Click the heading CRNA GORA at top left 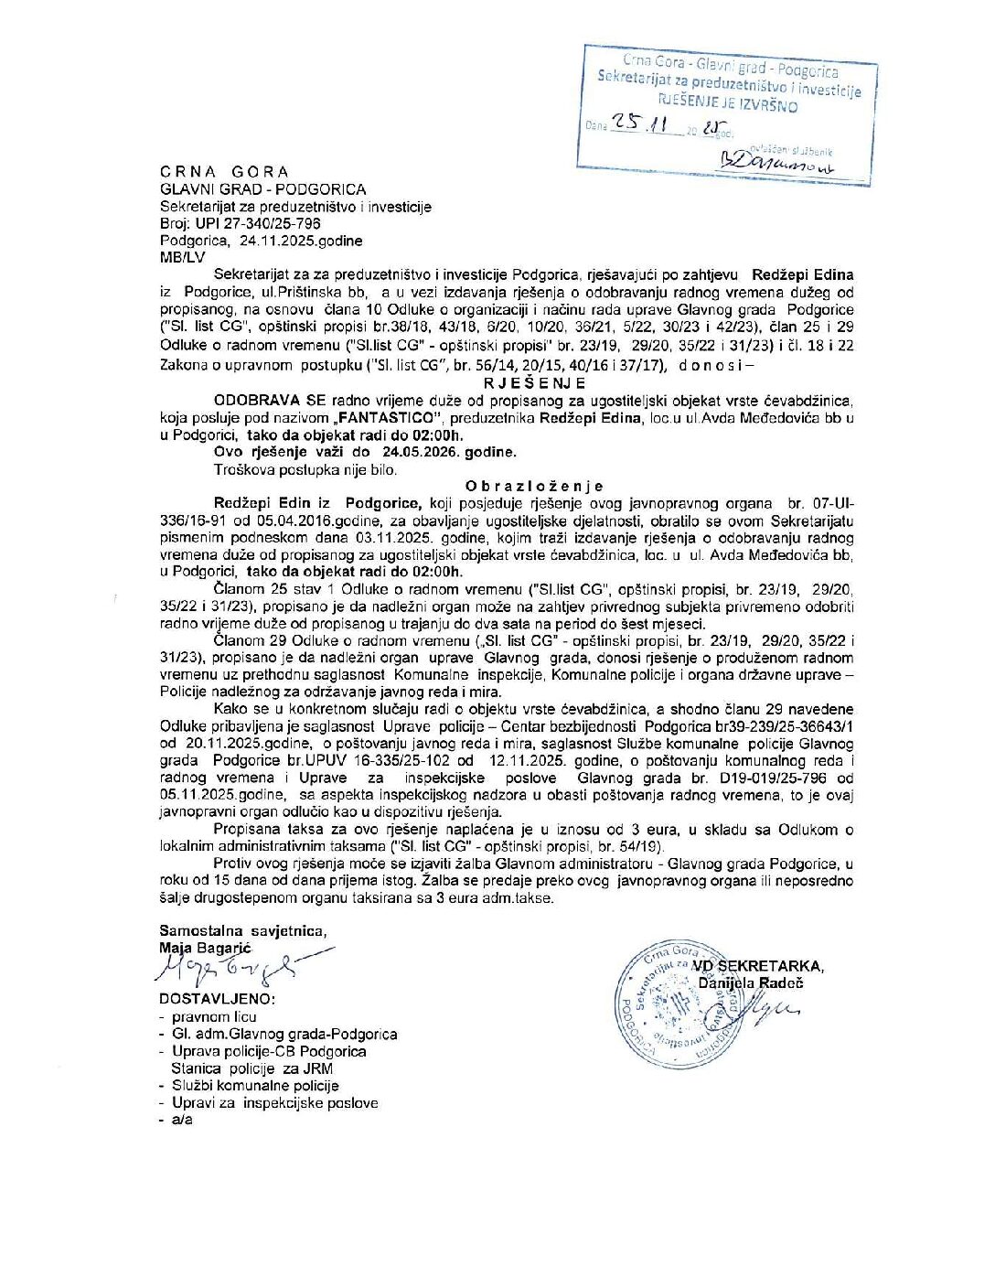(x=224, y=172)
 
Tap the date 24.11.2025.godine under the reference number (x=301, y=241)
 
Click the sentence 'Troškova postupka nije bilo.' (x=305, y=469)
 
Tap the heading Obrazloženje (x=534, y=487)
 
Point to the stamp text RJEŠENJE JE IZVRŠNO (x=728, y=103)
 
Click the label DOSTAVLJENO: (x=217, y=999)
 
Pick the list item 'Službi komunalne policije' (x=255, y=1086)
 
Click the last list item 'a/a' (x=182, y=1120)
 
